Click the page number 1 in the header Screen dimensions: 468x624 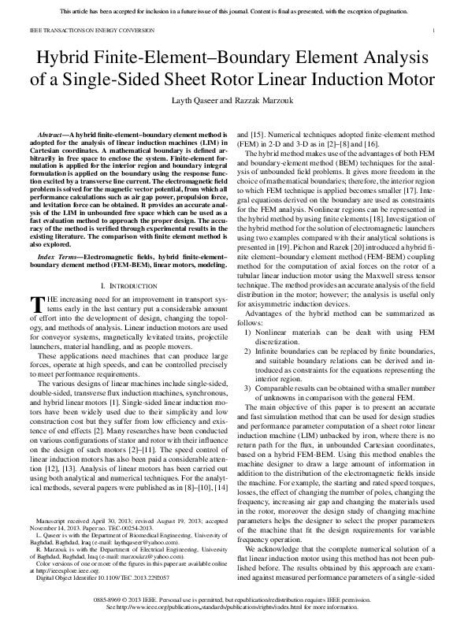(434, 32)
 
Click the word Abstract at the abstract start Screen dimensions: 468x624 (54, 136)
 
